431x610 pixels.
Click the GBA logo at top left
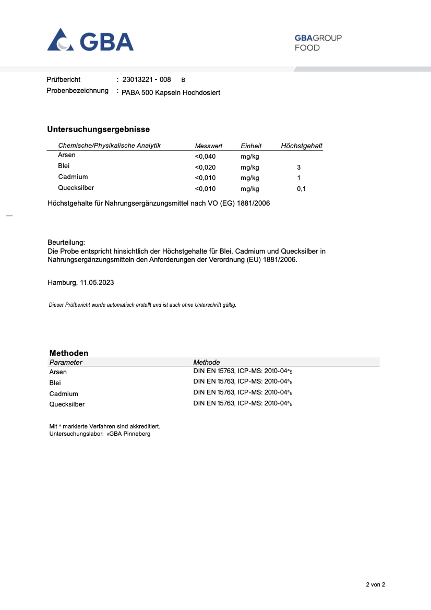point(90,40)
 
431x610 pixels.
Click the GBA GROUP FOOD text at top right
point(318,43)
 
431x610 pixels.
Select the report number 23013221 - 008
point(147,80)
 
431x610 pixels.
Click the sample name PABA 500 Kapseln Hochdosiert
point(171,92)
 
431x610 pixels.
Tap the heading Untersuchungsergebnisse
point(99,129)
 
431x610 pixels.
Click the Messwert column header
point(208,146)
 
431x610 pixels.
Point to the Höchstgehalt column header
point(302,146)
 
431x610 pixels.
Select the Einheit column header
point(251,146)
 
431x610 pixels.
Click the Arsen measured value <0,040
point(205,157)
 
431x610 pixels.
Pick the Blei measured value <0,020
point(205,168)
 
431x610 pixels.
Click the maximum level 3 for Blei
point(298,168)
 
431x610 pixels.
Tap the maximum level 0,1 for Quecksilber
point(301,189)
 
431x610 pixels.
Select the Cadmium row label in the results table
point(73,177)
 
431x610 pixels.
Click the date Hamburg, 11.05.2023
point(81,283)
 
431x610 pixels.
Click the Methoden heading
point(69,353)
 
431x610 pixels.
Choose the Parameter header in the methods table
point(66,362)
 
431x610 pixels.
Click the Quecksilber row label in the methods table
point(67,404)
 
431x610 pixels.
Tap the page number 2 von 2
point(375,585)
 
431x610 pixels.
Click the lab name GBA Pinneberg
point(130,434)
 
